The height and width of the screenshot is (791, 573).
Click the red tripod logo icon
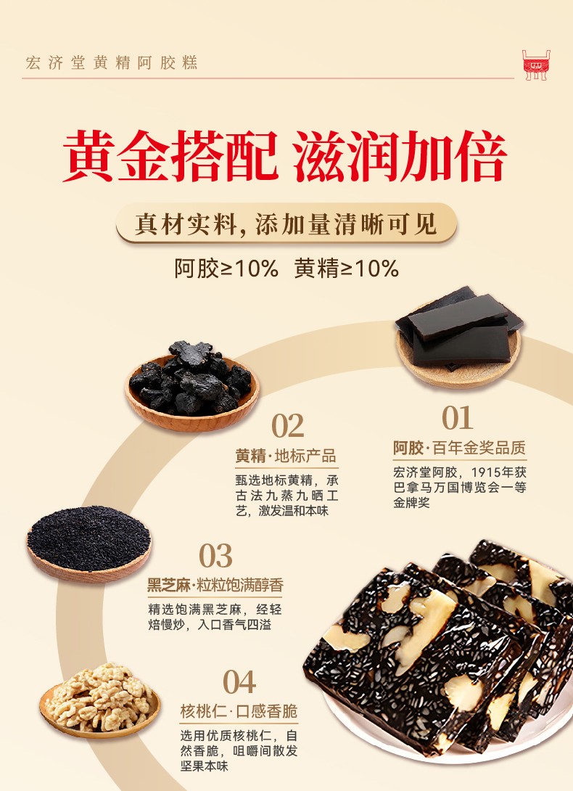pos(536,65)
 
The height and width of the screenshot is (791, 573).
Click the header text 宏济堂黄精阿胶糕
pos(112,63)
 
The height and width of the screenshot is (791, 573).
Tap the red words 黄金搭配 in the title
pos(170,156)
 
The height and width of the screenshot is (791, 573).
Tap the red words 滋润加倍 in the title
pos(400,156)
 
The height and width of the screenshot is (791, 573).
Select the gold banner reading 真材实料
pos(286,224)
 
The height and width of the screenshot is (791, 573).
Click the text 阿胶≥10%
pos(226,269)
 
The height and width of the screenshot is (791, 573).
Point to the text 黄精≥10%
pos(347,269)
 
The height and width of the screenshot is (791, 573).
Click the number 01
pos(458,418)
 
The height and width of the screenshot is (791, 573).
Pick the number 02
pos(287,426)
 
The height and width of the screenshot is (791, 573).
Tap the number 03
pos(215,556)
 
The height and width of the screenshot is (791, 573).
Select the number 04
pos(239,682)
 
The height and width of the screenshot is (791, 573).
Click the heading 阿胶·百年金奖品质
pos(460,448)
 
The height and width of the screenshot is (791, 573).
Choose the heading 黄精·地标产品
pos(286,456)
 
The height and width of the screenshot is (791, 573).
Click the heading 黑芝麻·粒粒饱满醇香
pos(215,585)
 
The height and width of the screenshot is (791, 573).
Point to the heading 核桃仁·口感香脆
pos(239,711)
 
